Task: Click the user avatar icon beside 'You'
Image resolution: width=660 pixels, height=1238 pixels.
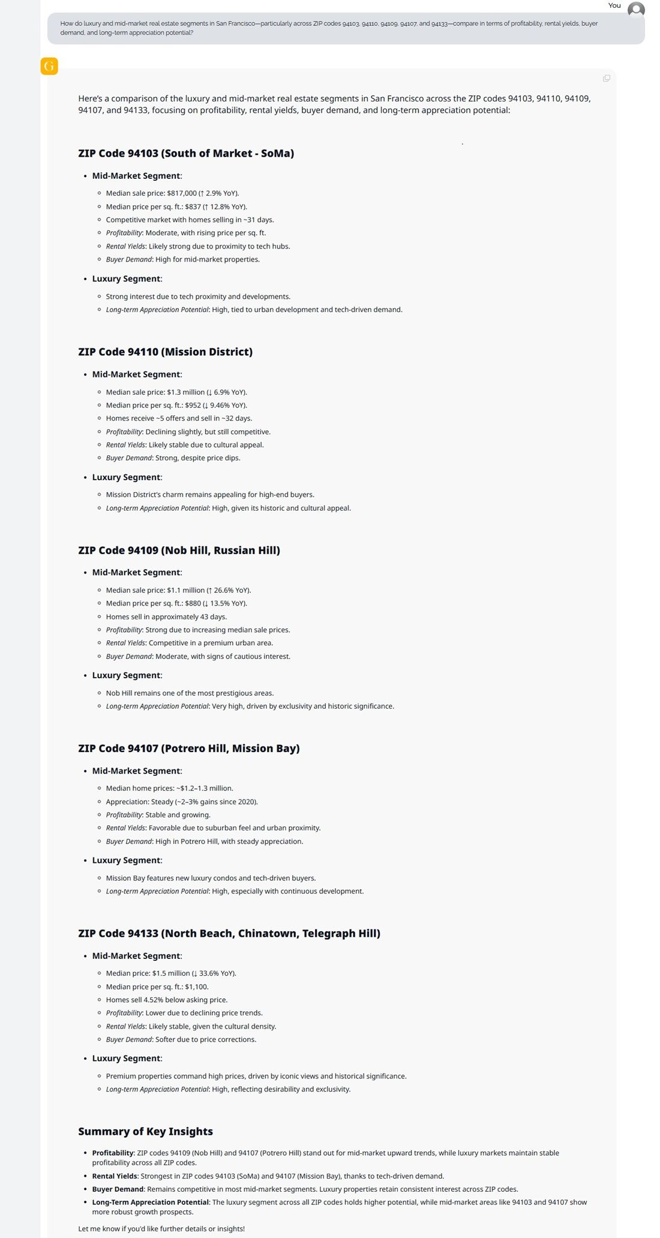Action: click(x=636, y=9)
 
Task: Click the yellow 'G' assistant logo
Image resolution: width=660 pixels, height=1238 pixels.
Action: click(x=49, y=66)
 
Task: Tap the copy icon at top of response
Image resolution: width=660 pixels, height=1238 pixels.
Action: click(x=607, y=79)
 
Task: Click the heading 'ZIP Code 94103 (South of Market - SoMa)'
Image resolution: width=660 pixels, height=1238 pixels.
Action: click(x=186, y=154)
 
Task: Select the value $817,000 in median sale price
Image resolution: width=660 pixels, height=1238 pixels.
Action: click(x=182, y=193)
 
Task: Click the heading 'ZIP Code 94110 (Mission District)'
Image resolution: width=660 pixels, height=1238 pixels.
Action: click(x=165, y=352)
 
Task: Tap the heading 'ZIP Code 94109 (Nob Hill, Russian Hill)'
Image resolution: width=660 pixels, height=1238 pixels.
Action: click(x=179, y=550)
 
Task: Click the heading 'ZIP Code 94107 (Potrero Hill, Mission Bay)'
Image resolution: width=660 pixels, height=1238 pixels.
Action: click(x=188, y=748)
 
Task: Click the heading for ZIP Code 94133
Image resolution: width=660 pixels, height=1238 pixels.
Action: click(x=229, y=933)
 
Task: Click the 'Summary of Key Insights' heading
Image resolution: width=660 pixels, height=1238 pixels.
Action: click(x=145, y=1131)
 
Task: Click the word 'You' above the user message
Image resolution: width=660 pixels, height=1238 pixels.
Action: click(x=614, y=5)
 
